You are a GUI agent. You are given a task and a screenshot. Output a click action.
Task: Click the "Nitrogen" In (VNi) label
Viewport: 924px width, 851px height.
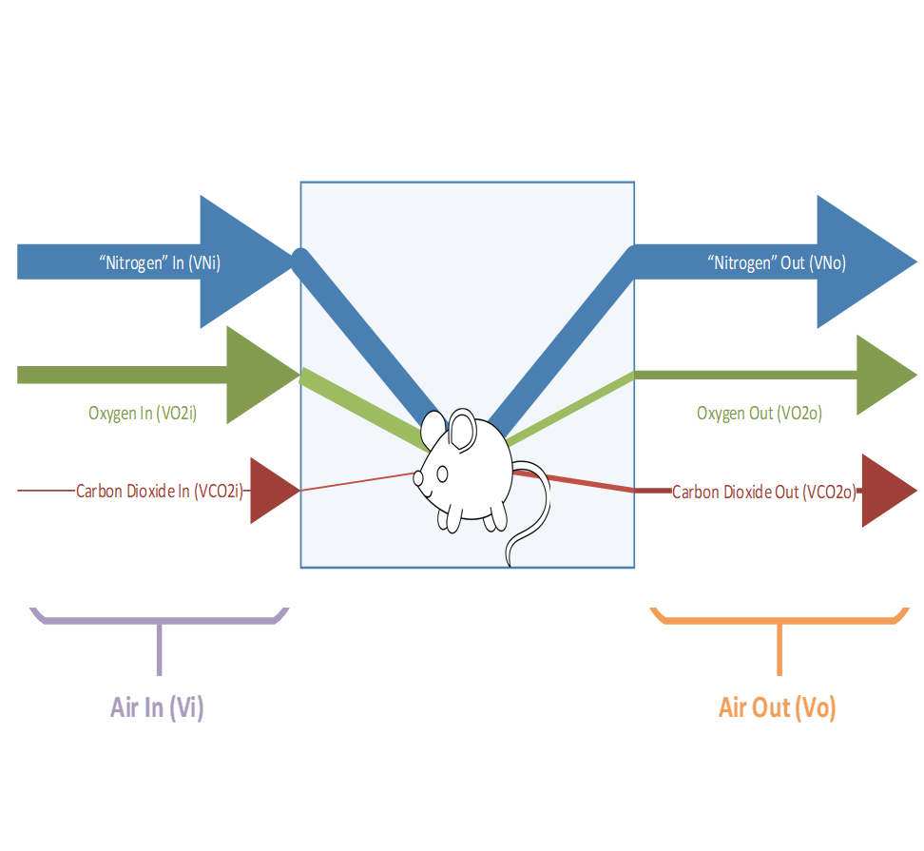coord(160,263)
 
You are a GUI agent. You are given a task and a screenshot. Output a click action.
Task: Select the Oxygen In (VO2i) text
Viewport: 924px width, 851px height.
coord(143,414)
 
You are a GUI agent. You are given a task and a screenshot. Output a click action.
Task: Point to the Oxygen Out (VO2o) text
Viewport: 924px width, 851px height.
coord(759,414)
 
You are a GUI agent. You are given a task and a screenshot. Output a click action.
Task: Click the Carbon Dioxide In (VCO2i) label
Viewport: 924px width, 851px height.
coord(161,492)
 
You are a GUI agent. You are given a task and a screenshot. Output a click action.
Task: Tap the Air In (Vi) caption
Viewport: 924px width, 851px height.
coord(157,708)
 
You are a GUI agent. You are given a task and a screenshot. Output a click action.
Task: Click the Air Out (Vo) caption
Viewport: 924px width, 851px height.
coord(777,708)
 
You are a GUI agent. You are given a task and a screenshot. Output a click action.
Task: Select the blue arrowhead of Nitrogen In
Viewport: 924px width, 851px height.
coord(238,261)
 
